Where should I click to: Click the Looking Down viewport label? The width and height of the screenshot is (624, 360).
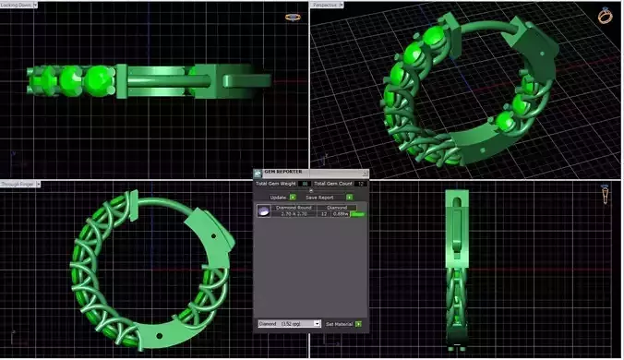point(15,5)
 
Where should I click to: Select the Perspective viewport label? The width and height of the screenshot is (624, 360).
point(326,5)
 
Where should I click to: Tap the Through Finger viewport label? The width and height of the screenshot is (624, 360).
point(18,184)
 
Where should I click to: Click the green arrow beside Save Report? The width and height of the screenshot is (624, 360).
point(350,197)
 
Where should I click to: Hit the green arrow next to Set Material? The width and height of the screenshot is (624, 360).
point(358,324)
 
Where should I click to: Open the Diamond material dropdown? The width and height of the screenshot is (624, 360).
point(289,324)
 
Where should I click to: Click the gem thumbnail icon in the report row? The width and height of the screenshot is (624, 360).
point(263,211)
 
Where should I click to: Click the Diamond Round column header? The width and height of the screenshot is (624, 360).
point(294,208)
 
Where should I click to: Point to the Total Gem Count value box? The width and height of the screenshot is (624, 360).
point(361,185)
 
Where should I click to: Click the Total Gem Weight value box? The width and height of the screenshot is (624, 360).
point(304,185)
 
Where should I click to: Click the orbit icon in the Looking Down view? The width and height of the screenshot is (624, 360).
point(293,17)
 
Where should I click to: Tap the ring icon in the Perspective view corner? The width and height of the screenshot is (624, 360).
point(606,16)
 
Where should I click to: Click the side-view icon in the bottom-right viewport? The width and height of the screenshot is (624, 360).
point(606,195)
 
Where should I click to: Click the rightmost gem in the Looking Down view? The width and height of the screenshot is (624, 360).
point(97,81)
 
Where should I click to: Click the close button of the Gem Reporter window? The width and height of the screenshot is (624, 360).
point(364,173)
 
